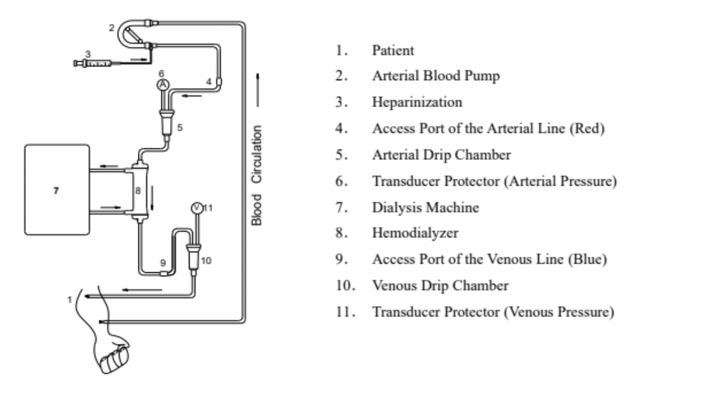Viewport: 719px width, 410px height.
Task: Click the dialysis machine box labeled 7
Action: tap(57, 190)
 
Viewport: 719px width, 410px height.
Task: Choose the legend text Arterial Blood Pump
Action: tap(436, 76)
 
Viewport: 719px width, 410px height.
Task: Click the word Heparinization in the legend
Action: tap(417, 102)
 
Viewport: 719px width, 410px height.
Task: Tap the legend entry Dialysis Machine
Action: tap(425, 207)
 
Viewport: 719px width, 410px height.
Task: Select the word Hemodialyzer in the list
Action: tap(415, 233)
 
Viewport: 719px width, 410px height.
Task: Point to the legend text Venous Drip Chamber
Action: tap(440, 286)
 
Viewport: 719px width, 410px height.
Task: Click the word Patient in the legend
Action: tap(393, 50)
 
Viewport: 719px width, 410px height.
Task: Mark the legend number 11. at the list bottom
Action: tap(342, 312)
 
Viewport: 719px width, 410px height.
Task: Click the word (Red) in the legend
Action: tap(590, 129)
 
